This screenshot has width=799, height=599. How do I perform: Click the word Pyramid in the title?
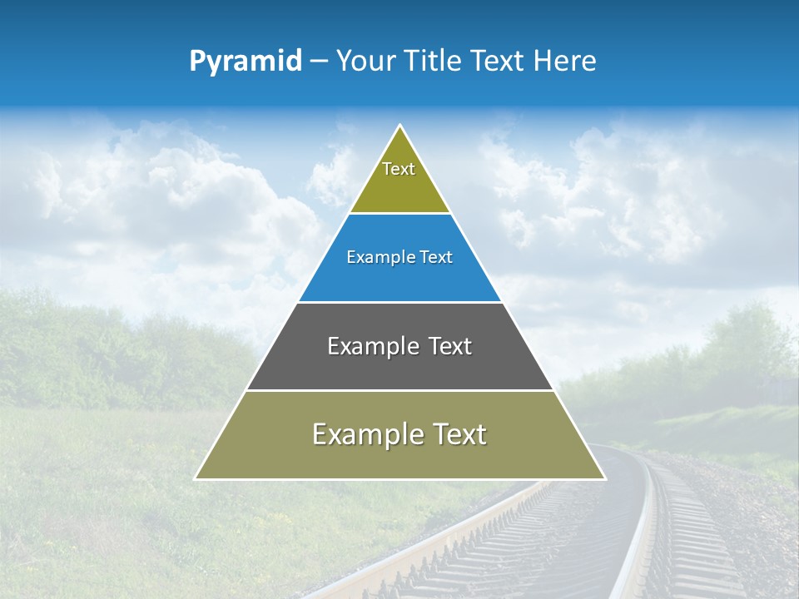tap(246, 62)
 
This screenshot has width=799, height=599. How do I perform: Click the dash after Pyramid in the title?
tap(319, 62)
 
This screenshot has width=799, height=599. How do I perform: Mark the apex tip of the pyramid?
tap(400, 126)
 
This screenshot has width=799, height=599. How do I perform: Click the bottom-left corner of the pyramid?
tap(196, 478)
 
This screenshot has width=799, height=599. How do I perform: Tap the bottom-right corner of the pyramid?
tap(604, 478)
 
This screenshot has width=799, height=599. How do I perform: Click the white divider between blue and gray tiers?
tap(399, 302)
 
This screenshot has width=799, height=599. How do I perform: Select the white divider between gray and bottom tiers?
tap(399, 390)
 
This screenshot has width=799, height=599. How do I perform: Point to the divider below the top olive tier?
tap(399, 214)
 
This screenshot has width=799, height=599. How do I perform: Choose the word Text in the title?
tap(497, 62)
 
